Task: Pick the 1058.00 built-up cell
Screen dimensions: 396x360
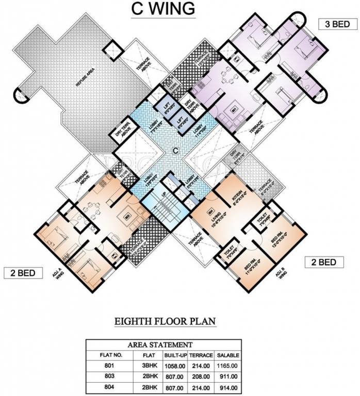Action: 174,365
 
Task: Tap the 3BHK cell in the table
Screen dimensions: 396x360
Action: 141,365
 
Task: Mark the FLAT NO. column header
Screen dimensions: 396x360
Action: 108,355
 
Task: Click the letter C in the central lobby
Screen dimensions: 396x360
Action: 175,151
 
